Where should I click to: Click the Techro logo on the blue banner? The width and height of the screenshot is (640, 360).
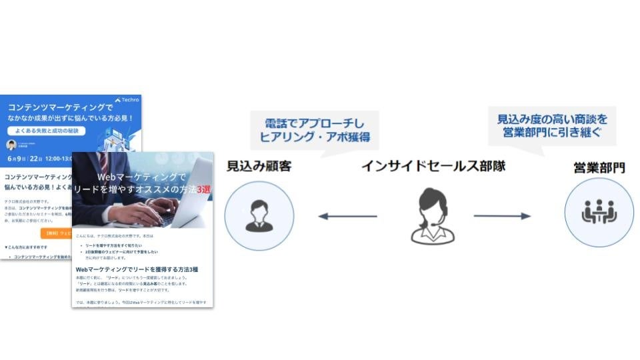click(x=127, y=100)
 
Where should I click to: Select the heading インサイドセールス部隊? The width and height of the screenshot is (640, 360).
click(x=433, y=166)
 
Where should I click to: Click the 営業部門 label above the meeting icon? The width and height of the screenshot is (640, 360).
click(x=599, y=167)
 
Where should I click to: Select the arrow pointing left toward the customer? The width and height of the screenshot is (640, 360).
click(x=347, y=216)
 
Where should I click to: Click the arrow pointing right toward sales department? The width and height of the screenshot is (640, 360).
click(x=501, y=216)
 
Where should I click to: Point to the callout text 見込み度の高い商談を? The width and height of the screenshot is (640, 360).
click(x=553, y=119)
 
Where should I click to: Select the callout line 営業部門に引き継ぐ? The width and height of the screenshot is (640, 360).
click(x=553, y=133)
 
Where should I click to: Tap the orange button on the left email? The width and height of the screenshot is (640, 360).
click(x=56, y=233)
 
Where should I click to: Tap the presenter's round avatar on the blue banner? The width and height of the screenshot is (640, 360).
click(x=11, y=145)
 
